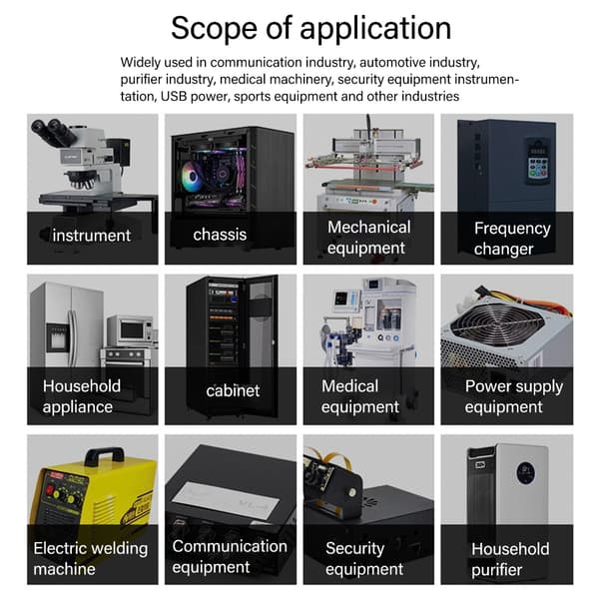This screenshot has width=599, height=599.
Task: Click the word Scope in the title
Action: pos(215,28)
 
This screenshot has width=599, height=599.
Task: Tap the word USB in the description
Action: pos(174,96)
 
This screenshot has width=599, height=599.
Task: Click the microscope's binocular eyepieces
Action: pos(54,132)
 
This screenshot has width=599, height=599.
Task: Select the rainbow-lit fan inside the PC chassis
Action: pos(192,176)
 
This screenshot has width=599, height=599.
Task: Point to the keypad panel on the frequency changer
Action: pos(538,161)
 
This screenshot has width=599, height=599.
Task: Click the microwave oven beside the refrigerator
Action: pos(131,330)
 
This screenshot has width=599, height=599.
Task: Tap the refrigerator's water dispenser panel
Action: pos(57,337)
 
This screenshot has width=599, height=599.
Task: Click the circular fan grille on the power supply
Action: pos(496,327)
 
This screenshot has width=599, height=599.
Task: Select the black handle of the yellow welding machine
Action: pos(104,456)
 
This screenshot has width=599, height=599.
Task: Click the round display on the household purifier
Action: pos(526,473)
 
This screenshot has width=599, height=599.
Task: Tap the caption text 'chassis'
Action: pos(220,235)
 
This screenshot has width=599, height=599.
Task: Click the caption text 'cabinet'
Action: pos(233,390)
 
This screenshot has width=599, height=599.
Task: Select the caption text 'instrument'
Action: pos(92,236)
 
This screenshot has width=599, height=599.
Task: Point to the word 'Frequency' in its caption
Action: pos(512,229)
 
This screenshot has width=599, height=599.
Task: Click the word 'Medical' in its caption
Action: pos(350,385)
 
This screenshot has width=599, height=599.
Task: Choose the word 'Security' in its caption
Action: pos(354,548)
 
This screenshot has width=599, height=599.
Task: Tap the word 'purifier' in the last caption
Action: pos(496,570)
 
